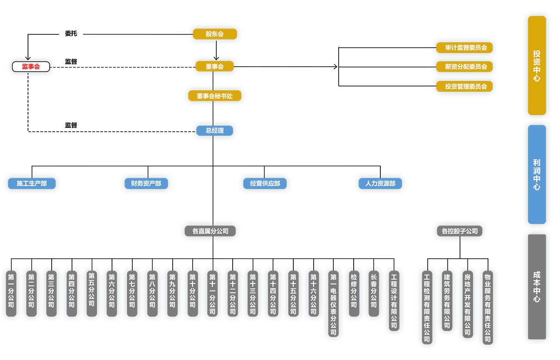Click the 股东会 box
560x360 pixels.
pos(215,34)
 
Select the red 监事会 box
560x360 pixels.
pos(31,67)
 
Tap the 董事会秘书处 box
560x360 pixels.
pos(215,96)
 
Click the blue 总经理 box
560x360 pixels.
pos(215,130)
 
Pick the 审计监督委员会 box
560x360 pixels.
pos(464,48)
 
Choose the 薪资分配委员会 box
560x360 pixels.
pos(464,67)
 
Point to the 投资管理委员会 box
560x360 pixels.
pos(464,87)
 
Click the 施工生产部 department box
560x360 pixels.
pos(32,183)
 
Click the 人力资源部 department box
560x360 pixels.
pos(380,183)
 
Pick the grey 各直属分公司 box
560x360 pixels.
pos(211,231)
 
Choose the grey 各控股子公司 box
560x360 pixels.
pos(460,231)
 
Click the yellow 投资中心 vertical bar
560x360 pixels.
pos(537,65)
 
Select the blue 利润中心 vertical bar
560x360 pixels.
pos(537,174)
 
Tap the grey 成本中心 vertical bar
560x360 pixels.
pos(537,286)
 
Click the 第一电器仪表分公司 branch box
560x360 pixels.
pos(333,304)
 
